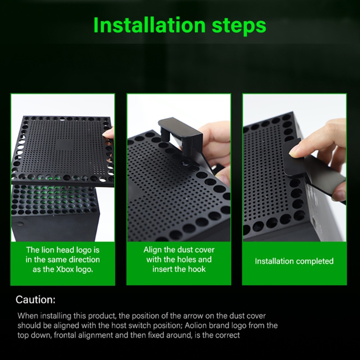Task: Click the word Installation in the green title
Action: point(149,25)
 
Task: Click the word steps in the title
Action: point(239,26)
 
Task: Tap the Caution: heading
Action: point(36,300)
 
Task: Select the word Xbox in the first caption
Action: point(65,269)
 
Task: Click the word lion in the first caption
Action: point(48,250)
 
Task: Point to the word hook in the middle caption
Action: point(197,269)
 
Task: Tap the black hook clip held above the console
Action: point(181,133)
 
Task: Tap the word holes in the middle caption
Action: point(186,260)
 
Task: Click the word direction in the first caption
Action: point(85,260)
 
